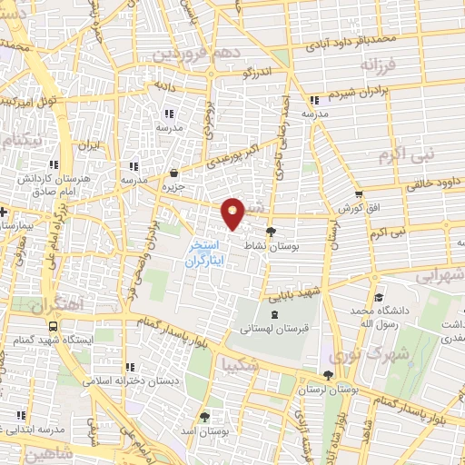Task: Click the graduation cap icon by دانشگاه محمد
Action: (377, 298)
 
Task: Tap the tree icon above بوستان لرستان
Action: (327, 374)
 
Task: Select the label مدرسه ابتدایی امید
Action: (51, 428)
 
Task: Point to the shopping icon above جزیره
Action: (173, 172)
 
